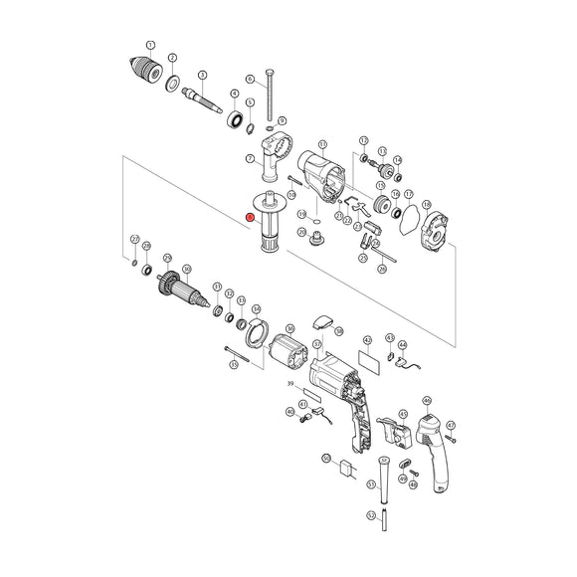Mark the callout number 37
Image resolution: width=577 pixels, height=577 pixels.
click(316, 343)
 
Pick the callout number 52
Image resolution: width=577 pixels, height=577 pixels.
click(370, 515)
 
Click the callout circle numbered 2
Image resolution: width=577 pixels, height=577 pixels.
click(172, 59)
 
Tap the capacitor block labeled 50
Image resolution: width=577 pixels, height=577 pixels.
click(347, 471)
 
